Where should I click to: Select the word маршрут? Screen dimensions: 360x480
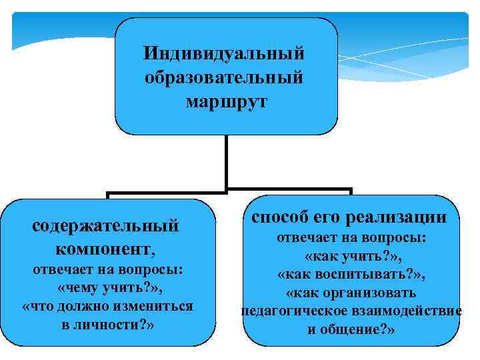225,102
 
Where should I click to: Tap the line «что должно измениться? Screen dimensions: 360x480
108,307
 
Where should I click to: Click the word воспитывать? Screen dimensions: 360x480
369,274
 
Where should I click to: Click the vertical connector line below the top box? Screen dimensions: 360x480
227,160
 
